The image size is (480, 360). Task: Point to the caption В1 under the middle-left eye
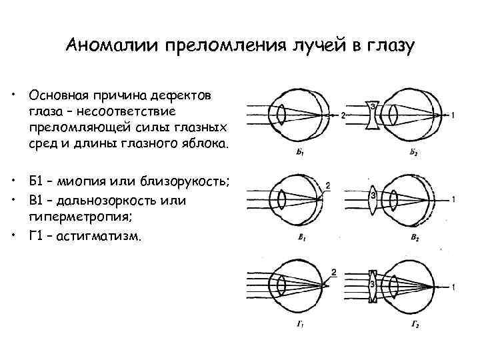pos(303,237)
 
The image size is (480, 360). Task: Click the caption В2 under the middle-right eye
pos(413,237)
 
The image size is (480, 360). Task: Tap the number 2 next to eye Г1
pos(333,273)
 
